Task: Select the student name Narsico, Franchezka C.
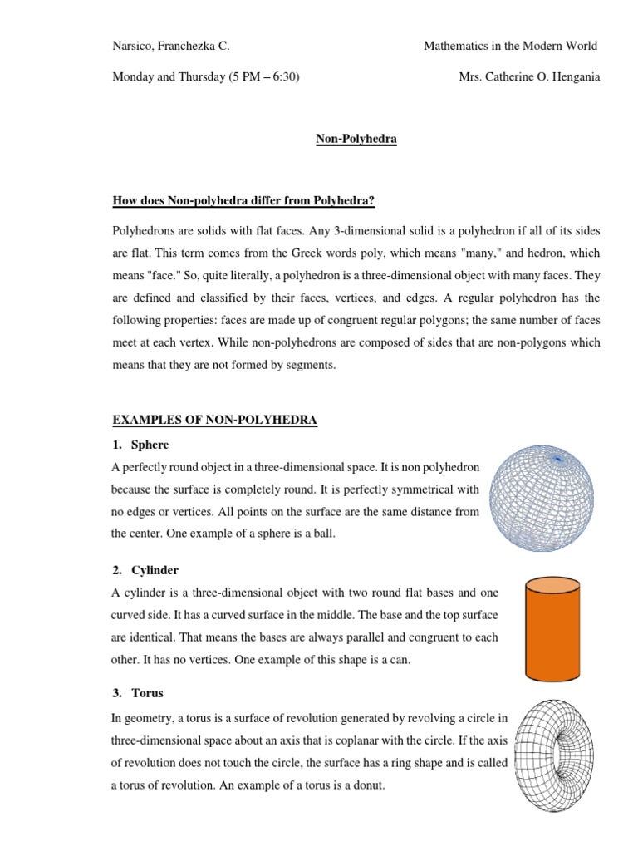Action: [x=176, y=46]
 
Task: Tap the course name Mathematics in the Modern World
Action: [x=510, y=46]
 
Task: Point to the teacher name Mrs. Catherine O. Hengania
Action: [x=529, y=77]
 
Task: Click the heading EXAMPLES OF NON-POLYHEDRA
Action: [x=214, y=421]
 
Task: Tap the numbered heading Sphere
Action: [x=150, y=445]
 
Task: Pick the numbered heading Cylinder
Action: [x=155, y=570]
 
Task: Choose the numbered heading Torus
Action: [x=147, y=693]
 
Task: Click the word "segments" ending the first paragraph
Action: [x=311, y=365]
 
